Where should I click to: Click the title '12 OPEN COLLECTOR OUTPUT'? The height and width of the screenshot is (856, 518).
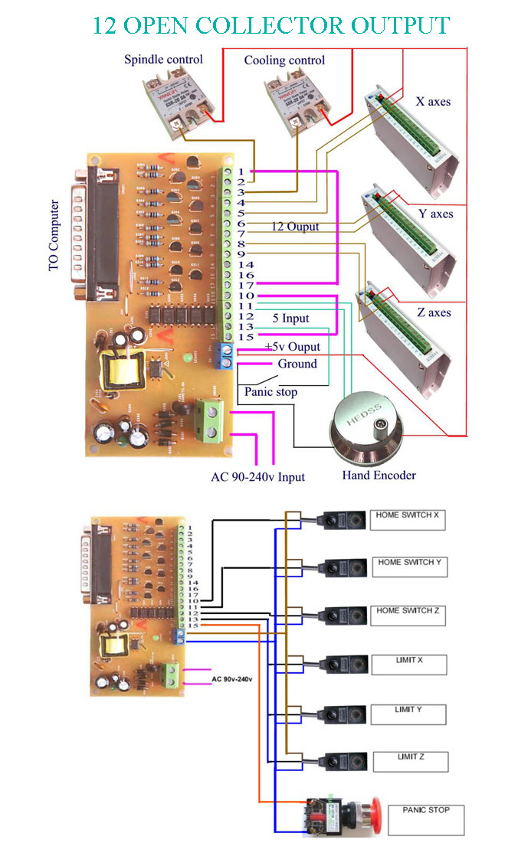click(270, 25)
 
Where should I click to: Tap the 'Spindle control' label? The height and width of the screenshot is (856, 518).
click(163, 59)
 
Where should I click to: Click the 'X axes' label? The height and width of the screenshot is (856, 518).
click(433, 101)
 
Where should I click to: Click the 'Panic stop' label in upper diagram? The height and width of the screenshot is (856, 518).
click(270, 391)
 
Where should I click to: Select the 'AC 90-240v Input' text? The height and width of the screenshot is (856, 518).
click(257, 476)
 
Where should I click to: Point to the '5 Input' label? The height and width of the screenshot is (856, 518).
click(291, 318)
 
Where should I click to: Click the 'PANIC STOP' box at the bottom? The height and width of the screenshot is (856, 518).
click(425, 818)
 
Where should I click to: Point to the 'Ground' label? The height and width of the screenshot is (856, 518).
click(297, 364)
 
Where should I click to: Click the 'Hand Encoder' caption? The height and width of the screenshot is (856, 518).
click(379, 475)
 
